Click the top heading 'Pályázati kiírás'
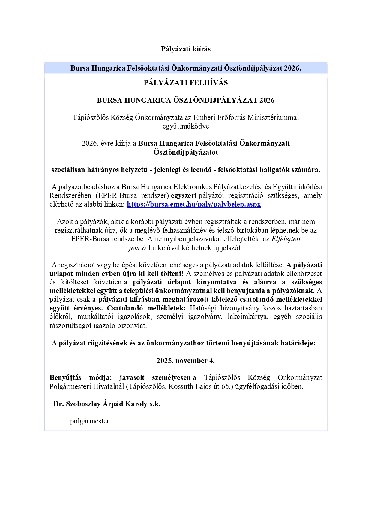coord(186,49)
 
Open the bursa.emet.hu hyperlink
coord(194,204)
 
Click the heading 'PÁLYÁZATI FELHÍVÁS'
coord(186,83)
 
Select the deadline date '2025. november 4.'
coord(186,361)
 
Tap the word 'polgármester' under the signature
coord(90,421)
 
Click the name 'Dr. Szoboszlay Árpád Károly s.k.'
coord(107,404)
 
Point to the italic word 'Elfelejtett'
coord(286,239)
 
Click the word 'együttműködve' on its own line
coord(186,126)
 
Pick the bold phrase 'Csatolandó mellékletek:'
coord(146,308)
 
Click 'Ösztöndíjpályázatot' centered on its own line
coord(186,152)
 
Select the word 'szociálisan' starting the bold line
coord(68,170)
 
